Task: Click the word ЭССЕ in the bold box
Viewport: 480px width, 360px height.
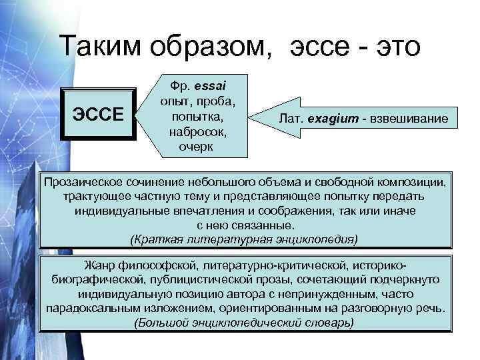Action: [98, 114]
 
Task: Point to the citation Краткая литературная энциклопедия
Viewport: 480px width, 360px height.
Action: [244, 238]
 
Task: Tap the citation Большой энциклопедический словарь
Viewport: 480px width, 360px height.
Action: [244, 323]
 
